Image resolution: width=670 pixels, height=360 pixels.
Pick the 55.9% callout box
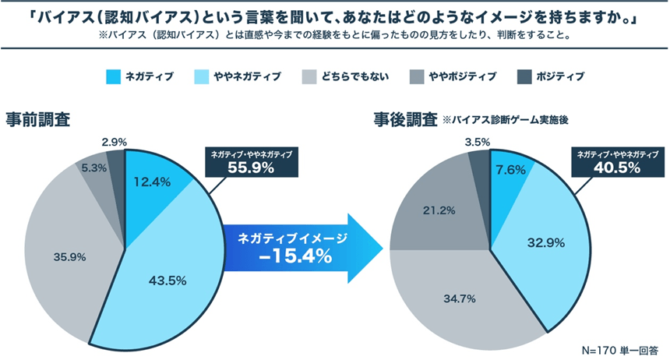pyautogui.click(x=251, y=162)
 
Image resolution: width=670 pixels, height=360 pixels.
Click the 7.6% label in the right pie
pyautogui.click(x=508, y=170)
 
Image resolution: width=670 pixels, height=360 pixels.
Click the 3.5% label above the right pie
pyautogui.click(x=474, y=143)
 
